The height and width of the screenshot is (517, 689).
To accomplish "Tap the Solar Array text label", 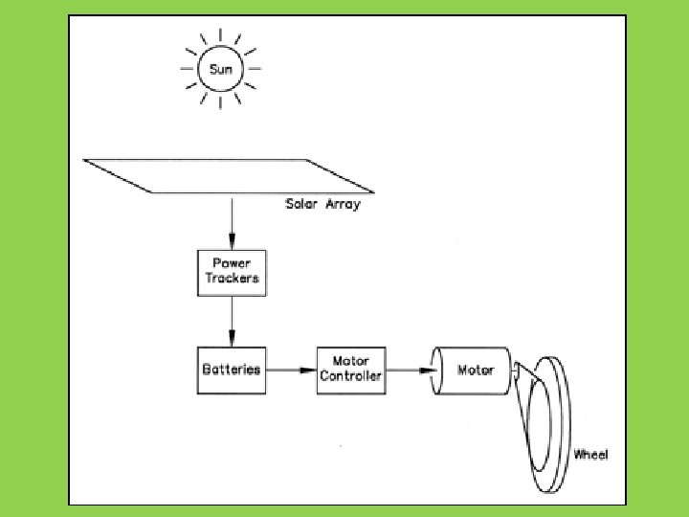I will click(322, 204).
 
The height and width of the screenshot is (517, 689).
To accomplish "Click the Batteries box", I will click(232, 370).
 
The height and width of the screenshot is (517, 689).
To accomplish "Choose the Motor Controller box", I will click(351, 370).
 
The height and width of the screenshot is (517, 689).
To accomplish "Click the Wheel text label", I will click(590, 454).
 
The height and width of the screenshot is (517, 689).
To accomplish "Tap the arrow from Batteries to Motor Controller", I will click(291, 370).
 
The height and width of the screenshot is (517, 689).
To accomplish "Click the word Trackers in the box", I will click(233, 280).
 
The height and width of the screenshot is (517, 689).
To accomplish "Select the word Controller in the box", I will click(351, 376).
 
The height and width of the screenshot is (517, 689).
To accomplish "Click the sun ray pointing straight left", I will click(187, 69).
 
